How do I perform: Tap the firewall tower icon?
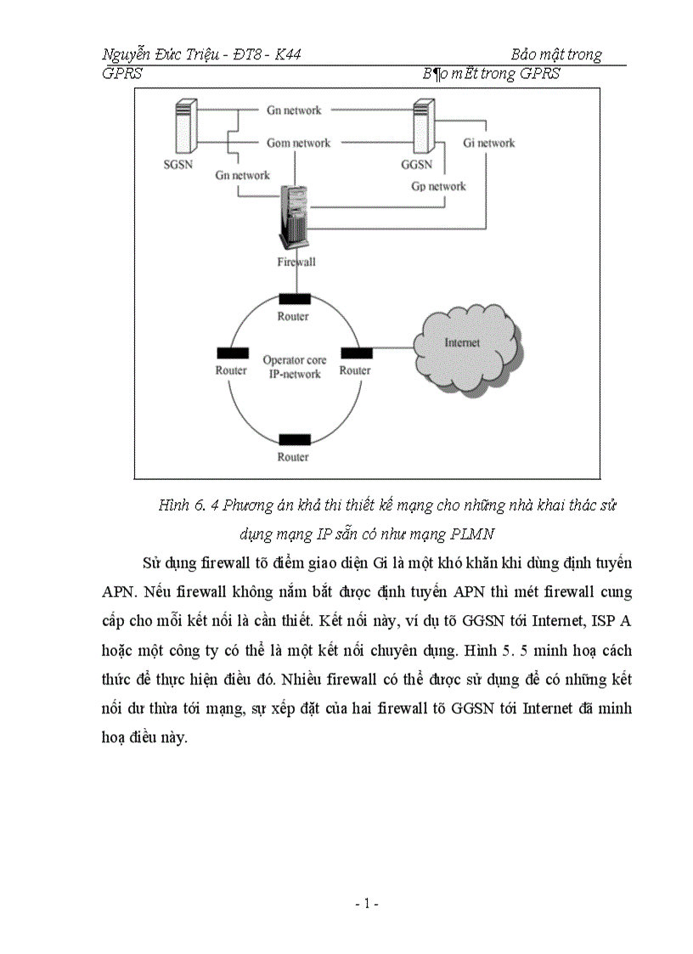click(295, 217)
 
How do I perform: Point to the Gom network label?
click(298, 143)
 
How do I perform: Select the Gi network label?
click(488, 143)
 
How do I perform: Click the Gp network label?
click(439, 186)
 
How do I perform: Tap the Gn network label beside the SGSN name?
click(242, 175)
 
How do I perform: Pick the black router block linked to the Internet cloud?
click(356, 353)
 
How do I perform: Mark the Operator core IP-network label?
click(294, 367)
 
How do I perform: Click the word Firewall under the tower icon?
click(296, 262)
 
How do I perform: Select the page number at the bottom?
click(366, 905)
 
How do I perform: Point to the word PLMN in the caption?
click(480, 534)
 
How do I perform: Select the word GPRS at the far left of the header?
click(121, 74)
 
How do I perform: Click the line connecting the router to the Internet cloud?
click(392, 347)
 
